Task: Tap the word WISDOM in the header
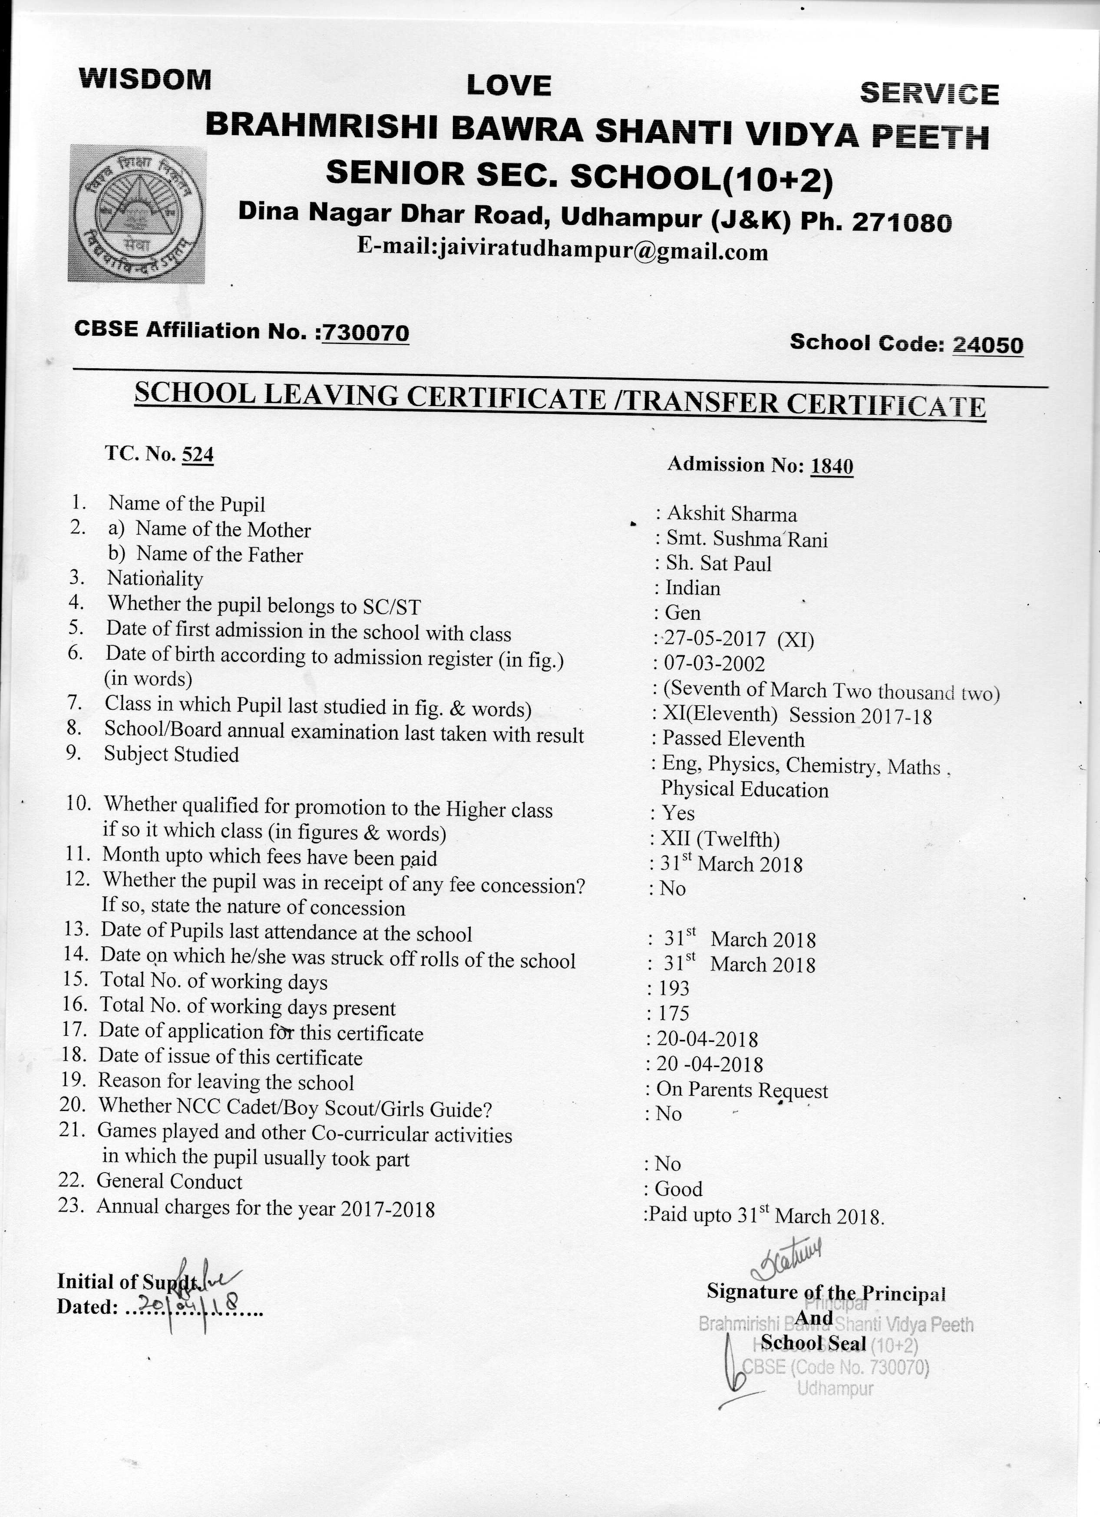pos(145,79)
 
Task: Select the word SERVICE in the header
pos(929,94)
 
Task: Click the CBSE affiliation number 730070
pos(365,332)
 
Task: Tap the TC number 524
pos(198,455)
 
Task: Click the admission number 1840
pos(832,466)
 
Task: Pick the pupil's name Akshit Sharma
pos(732,514)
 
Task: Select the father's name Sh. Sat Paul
pos(718,563)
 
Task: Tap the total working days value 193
pos(674,988)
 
